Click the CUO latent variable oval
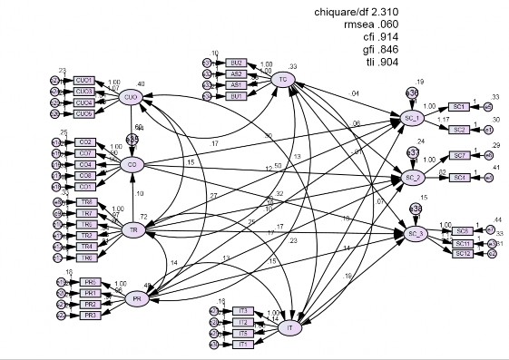[130, 98]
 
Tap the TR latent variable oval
[133, 230]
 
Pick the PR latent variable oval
[137, 299]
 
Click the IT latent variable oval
[289, 328]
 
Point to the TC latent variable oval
[283, 82]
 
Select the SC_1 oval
[412, 118]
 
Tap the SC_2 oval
[412, 177]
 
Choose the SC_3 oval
[416, 235]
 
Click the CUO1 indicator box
[84, 80]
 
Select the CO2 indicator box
[85, 142]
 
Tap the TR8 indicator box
[87, 201]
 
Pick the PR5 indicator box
[90, 282]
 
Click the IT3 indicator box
[241, 311]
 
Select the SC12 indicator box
[462, 253]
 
